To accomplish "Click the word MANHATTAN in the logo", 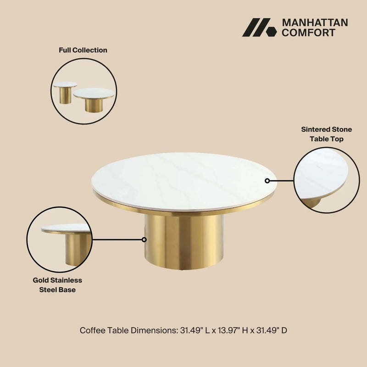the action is click(x=315, y=22).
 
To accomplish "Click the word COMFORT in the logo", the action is click(x=308, y=33).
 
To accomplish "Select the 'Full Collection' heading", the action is click(x=83, y=50).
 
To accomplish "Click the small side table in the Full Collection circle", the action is click(x=65, y=93).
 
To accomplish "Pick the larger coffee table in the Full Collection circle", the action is click(x=94, y=100).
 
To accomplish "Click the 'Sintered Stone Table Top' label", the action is click(x=327, y=134).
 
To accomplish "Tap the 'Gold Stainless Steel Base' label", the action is click(x=57, y=285).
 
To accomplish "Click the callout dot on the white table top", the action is click(x=267, y=181).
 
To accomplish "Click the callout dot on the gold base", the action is click(x=144, y=239).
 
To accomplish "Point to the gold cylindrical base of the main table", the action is click(x=183, y=242).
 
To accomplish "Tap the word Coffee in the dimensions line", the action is click(x=93, y=330).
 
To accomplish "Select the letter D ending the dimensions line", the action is click(x=284, y=330).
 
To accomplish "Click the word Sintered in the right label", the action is click(x=315, y=129).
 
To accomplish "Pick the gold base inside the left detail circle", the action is click(x=78, y=249).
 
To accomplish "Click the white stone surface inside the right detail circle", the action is click(x=321, y=173).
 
